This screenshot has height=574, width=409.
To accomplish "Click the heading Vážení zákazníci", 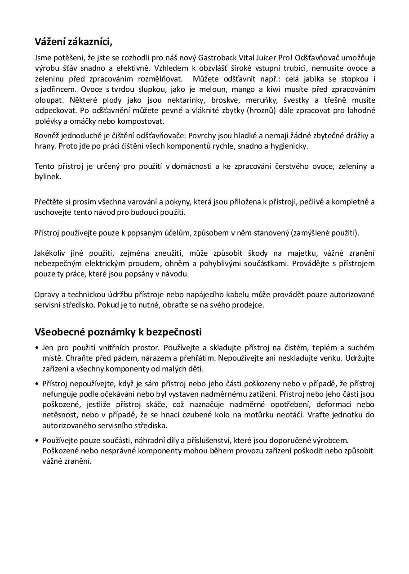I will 73,42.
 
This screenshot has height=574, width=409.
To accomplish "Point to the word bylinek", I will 48,177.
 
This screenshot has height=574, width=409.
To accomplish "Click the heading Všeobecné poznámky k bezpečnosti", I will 118,332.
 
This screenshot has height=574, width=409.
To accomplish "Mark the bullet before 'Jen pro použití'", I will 36,348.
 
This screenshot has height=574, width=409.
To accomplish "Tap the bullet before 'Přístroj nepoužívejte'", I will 36,384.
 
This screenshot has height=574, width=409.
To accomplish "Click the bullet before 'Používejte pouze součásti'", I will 36,441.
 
